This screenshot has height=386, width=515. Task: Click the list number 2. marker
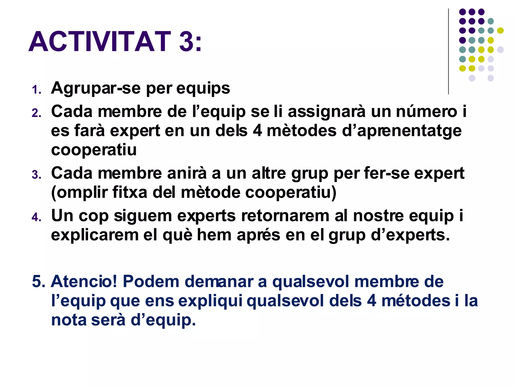pyautogui.click(x=36, y=113)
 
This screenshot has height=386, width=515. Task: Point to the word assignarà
pyautogui.click(x=326, y=112)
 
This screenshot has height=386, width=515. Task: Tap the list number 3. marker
pyautogui.click(x=36, y=175)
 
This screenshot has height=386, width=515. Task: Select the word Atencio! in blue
pyautogui.click(x=84, y=281)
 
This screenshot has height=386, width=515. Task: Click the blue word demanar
pyautogui.click(x=219, y=281)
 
